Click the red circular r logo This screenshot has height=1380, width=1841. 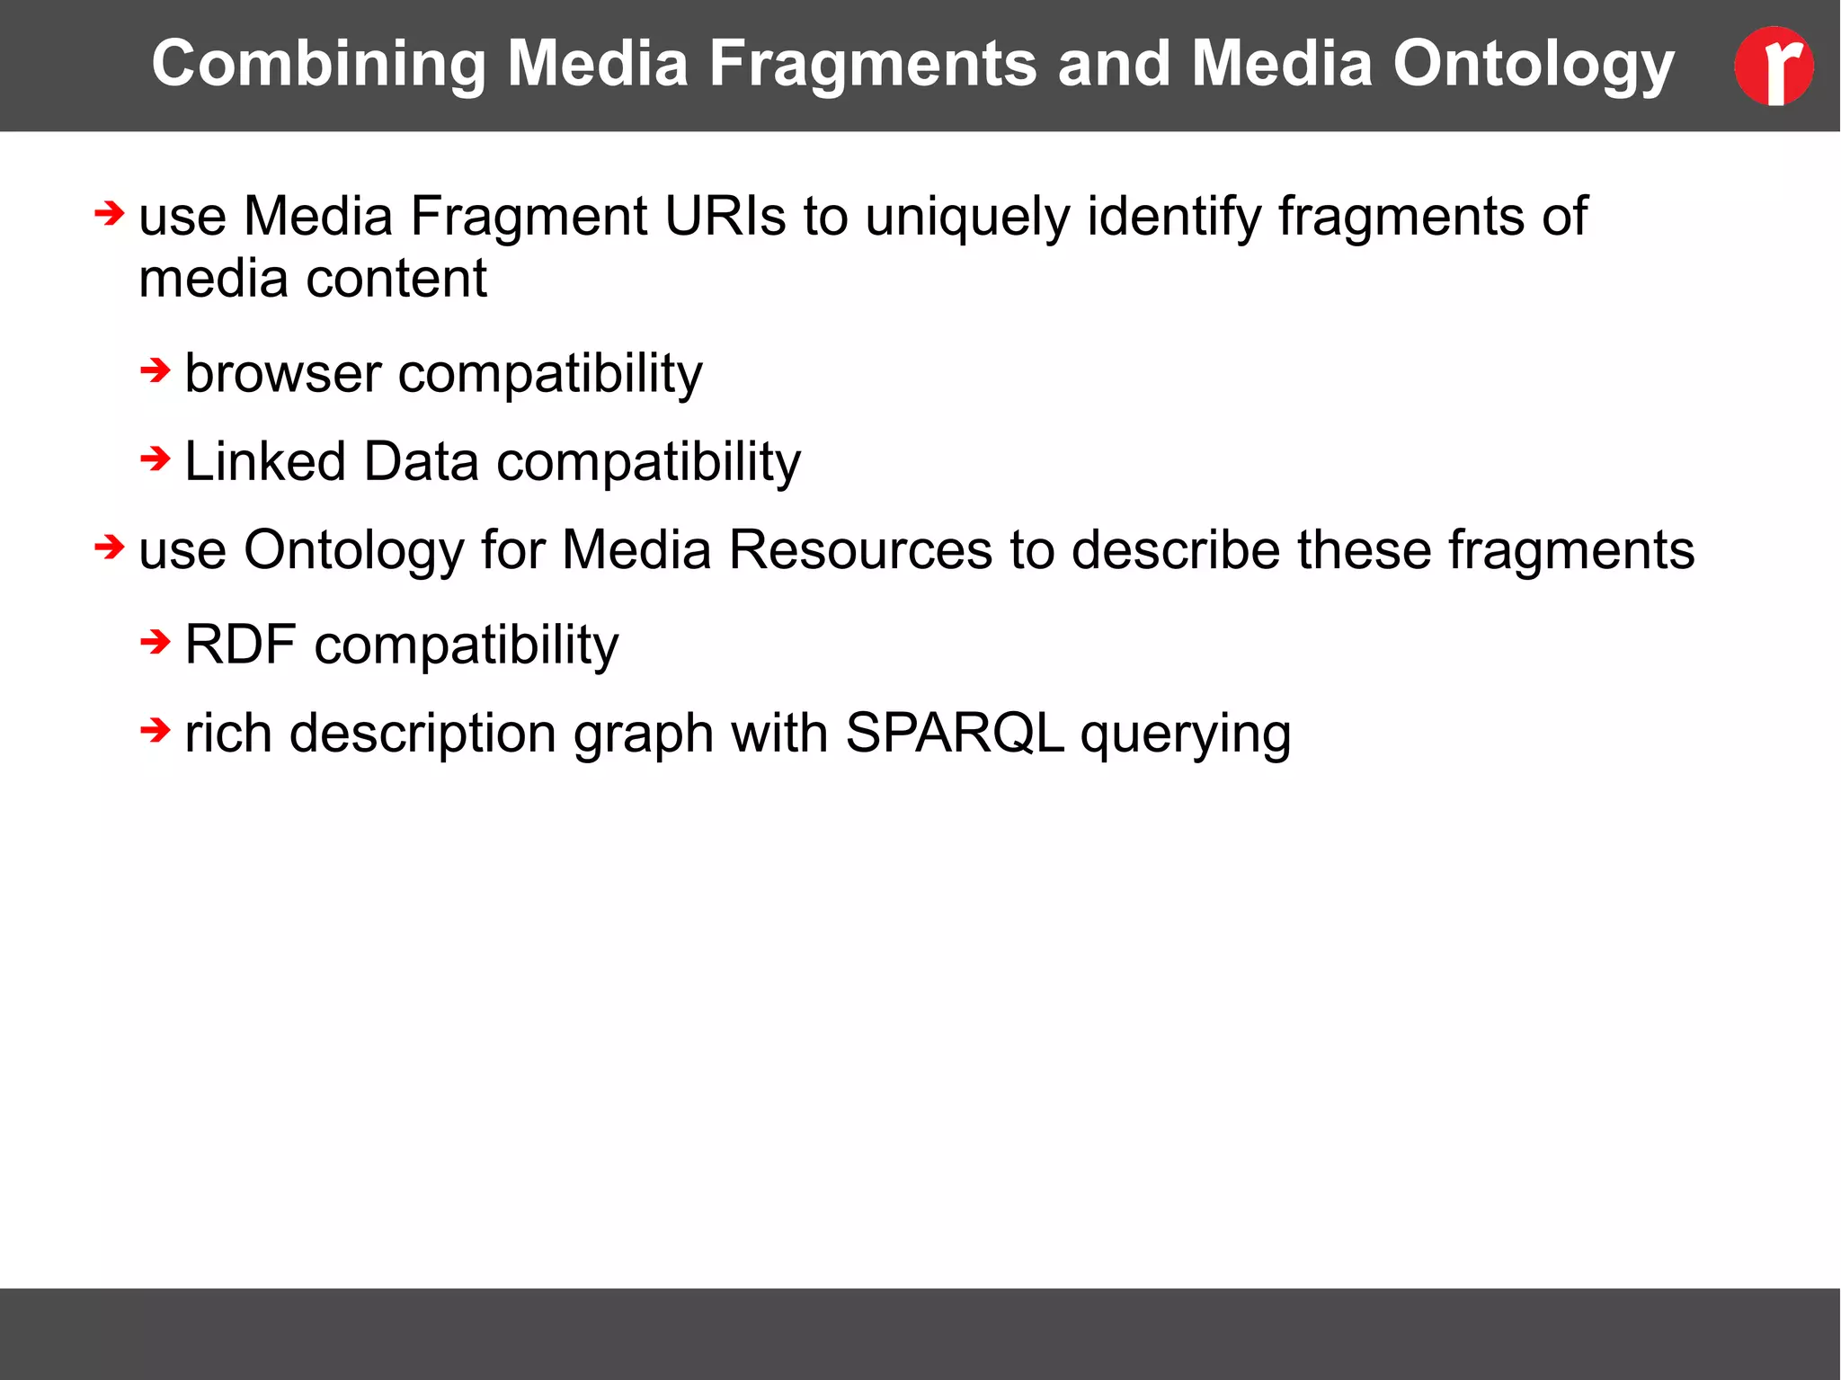(x=1774, y=66)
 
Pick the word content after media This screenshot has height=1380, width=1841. (x=396, y=279)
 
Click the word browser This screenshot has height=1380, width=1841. (x=282, y=373)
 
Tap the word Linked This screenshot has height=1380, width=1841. (x=265, y=461)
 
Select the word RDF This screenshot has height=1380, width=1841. (x=240, y=645)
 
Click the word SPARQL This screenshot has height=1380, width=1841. (x=955, y=733)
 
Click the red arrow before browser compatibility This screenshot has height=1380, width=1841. (x=156, y=370)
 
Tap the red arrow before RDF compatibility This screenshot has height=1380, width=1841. (x=156, y=642)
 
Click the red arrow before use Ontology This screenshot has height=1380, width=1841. (x=110, y=547)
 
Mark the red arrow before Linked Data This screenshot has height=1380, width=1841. (x=156, y=459)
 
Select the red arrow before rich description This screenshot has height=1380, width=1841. (x=156, y=730)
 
